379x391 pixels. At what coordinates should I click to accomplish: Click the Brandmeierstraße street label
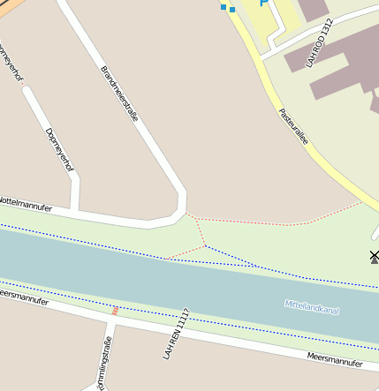point(118,93)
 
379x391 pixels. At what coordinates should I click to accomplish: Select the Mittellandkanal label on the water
point(312,307)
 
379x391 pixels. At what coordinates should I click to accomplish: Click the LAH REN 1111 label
point(176,334)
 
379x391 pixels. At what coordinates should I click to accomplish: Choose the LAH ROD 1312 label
point(319,42)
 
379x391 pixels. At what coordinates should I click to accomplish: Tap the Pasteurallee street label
point(293,124)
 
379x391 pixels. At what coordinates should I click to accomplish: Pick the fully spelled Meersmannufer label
point(335,358)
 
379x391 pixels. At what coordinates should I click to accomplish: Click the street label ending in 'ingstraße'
point(103,362)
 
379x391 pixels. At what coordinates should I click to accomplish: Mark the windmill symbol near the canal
point(374,257)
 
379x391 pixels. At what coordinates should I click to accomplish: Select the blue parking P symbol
point(262,3)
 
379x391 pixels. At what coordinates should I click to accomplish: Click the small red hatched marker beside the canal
point(114,310)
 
